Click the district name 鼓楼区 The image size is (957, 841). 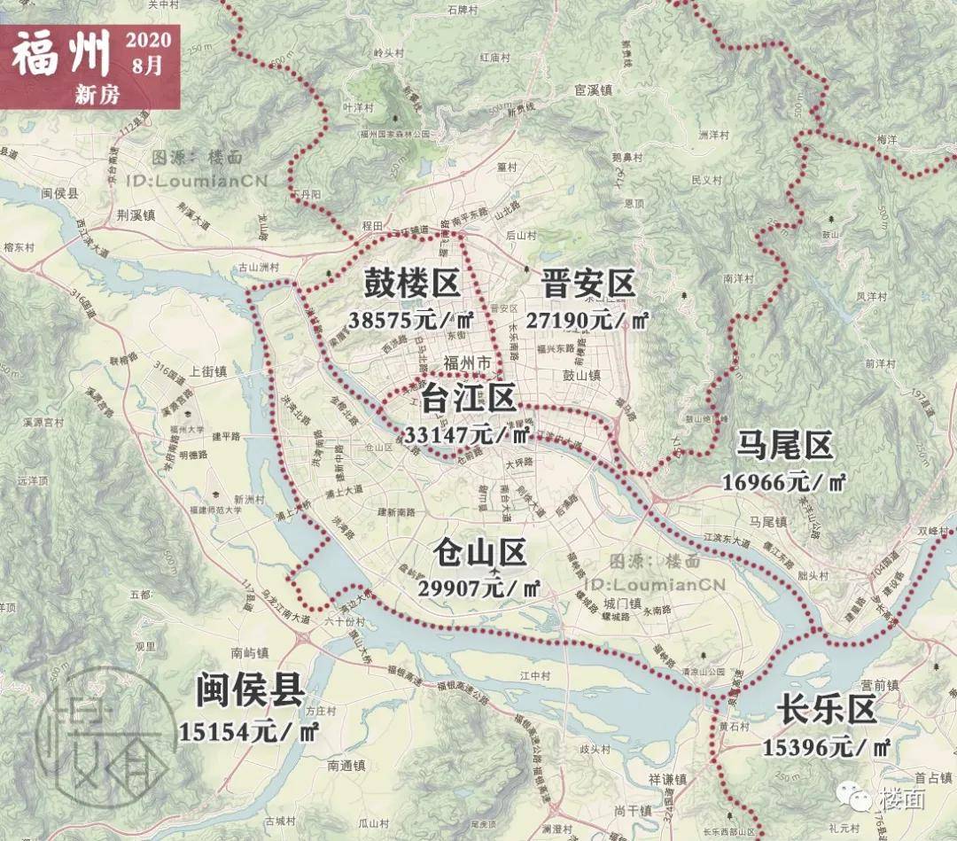[412, 285]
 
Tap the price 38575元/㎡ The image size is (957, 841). [412, 320]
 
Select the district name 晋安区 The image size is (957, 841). [588, 285]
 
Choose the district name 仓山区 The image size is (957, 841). [479, 554]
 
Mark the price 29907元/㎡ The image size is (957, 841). [479, 588]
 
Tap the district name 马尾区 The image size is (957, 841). [785, 448]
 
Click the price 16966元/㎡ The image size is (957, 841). [785, 483]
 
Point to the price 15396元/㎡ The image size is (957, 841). [827, 747]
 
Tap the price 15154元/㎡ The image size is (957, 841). [250, 731]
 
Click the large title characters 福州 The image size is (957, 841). [60, 55]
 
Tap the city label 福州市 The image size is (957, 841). [466, 363]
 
